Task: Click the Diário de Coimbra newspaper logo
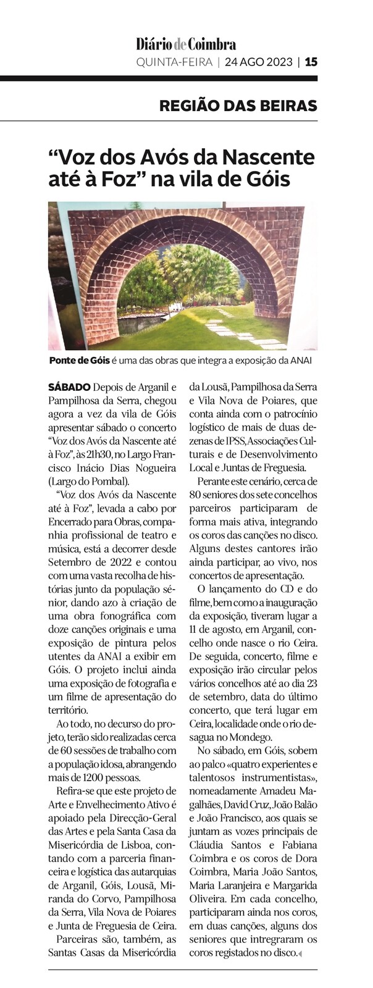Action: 186,44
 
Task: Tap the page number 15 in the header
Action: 311,62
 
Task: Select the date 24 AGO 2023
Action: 259,62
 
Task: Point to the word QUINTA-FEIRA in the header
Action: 173,62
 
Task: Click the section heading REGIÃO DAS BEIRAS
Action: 238,105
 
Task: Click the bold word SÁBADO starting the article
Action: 69,388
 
